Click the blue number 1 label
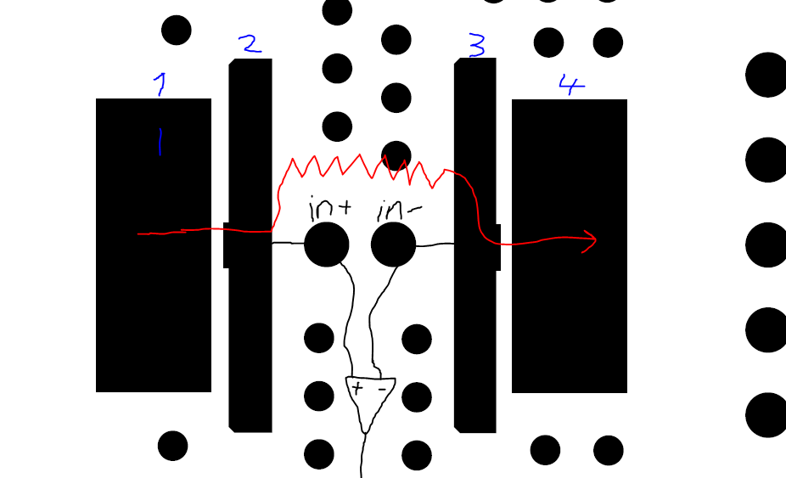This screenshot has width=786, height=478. [x=160, y=84]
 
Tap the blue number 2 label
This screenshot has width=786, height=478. [x=250, y=44]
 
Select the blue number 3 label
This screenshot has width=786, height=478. [x=477, y=46]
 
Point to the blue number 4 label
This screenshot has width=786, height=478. [x=571, y=85]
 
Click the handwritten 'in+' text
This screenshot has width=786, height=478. [x=329, y=207]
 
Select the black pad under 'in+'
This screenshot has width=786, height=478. [x=326, y=245]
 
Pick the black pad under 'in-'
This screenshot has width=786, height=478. [x=394, y=245]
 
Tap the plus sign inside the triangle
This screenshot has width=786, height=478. [x=357, y=389]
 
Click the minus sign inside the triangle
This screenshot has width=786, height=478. [x=382, y=389]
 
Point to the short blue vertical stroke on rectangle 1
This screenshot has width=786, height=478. [x=159, y=142]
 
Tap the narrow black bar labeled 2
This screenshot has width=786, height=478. [x=250, y=340]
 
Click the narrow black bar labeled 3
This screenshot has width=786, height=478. [x=475, y=340]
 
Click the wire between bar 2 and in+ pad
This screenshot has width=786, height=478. [x=288, y=243]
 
